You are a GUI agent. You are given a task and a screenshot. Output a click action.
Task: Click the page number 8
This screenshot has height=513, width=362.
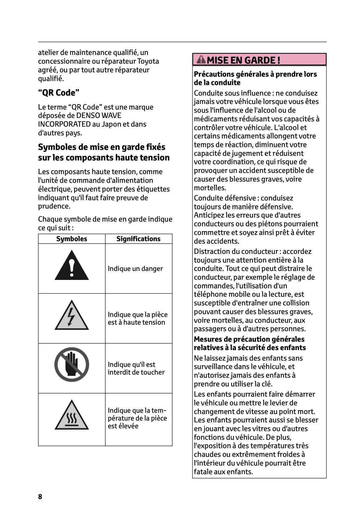40,497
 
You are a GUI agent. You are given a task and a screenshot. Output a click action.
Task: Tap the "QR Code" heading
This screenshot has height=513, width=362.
59,93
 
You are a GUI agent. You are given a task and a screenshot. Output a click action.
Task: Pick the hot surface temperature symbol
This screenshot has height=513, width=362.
72,416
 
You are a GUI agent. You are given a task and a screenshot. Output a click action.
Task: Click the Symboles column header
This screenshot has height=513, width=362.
71,239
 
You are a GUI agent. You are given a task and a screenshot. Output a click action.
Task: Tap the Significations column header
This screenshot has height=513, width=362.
138,239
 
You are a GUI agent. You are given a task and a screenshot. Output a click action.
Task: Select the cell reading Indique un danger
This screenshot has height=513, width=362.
135,269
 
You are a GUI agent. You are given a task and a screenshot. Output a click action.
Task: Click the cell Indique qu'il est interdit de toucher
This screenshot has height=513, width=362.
136,368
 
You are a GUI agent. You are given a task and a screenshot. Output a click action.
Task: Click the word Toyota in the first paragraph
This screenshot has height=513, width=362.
148,61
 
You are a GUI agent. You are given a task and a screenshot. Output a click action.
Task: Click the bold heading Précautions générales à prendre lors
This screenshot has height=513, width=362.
255,74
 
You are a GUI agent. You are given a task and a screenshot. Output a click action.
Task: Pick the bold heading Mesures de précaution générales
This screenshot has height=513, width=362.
249,339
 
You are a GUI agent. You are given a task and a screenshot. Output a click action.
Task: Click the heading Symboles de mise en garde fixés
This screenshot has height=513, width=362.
102,147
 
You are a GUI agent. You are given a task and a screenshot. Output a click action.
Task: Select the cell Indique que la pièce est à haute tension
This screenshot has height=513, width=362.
137,318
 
